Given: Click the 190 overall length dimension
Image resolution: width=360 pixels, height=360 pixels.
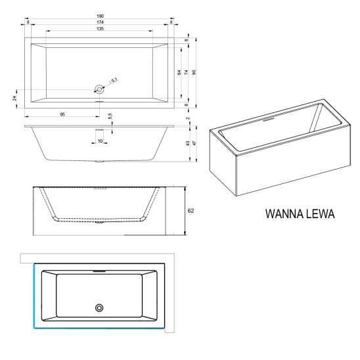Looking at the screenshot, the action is (x=100, y=16).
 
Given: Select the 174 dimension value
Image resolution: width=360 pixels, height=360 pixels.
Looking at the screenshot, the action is (x=100, y=22).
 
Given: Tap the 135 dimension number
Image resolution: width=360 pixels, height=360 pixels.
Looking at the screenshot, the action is (x=100, y=29).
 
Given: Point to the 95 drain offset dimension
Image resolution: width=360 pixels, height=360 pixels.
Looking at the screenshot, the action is (x=62, y=114).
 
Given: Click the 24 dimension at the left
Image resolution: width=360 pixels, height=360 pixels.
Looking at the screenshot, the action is (x=14, y=98).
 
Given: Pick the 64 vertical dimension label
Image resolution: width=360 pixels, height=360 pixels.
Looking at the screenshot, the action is (x=179, y=72).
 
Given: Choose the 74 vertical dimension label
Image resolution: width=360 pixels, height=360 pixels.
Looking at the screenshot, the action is (x=187, y=72).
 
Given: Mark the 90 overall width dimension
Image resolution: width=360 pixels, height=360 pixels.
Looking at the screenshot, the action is (x=194, y=72).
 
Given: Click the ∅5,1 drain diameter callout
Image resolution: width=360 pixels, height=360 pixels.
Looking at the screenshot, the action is (x=114, y=81).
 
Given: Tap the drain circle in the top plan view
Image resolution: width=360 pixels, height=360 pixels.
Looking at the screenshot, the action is (x=99, y=89).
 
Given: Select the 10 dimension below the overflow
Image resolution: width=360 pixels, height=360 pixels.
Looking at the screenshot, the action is (x=100, y=141).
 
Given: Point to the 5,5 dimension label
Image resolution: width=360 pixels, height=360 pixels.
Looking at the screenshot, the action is (x=110, y=116).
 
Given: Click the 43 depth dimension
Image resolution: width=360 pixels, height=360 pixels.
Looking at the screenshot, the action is (x=188, y=143).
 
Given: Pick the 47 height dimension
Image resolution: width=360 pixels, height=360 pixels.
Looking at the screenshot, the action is (x=194, y=143).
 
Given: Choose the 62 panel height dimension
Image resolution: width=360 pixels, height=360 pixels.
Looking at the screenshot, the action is (x=191, y=210).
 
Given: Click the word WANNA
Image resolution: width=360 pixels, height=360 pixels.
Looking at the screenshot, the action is (x=284, y=214).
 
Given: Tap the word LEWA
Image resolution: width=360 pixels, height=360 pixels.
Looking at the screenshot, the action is (x=320, y=214).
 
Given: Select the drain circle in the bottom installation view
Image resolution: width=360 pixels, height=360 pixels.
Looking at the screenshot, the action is (x=99, y=307).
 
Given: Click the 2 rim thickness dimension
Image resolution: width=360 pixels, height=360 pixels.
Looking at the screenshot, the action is (x=188, y=118).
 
